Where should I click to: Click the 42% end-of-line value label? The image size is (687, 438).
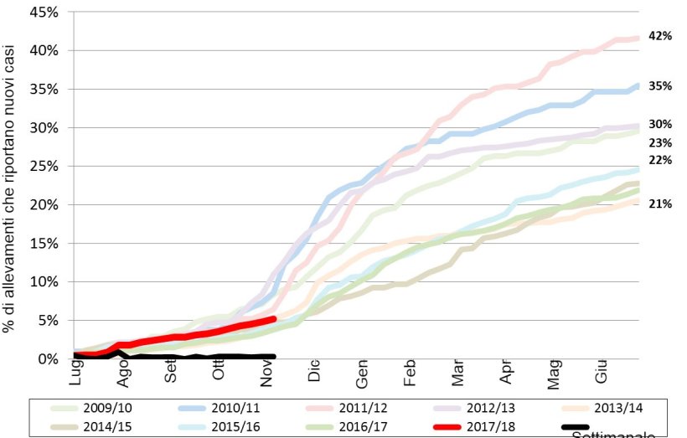tap(661, 36)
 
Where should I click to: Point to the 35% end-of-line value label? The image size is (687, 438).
tap(661, 86)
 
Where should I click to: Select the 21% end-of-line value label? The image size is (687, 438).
tap(661, 204)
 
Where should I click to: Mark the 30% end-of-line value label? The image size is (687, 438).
tap(661, 126)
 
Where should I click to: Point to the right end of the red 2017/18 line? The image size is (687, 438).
tap(273, 319)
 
